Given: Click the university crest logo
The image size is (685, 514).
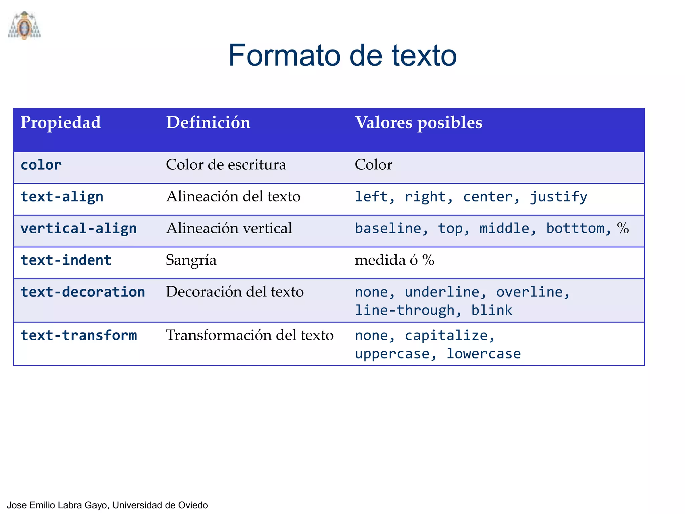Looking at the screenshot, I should [24, 26].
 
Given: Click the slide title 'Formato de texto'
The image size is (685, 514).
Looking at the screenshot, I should [342, 55].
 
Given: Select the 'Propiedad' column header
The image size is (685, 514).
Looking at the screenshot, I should [61, 122].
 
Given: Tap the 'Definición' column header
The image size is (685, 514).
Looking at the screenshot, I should [208, 122].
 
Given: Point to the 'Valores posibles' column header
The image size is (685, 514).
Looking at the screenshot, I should [418, 122].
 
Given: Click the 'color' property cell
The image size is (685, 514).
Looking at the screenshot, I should [41, 165].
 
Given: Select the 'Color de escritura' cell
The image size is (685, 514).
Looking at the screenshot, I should [226, 165].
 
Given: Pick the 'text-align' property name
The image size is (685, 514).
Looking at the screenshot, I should [62, 197].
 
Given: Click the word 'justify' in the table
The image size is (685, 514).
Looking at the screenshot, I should [558, 197].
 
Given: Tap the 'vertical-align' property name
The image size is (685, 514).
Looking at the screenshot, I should [79, 229].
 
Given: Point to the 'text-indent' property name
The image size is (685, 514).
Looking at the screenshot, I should [66, 260].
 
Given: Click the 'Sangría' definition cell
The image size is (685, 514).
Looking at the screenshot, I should [191, 260].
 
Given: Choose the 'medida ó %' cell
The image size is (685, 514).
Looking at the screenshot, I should [394, 260].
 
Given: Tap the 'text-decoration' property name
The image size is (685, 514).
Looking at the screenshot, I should [83, 292].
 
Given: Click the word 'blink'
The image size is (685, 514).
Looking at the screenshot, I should [492, 311].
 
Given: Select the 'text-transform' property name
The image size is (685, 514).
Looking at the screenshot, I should [79, 335].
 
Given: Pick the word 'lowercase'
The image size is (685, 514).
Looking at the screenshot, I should [484, 354].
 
